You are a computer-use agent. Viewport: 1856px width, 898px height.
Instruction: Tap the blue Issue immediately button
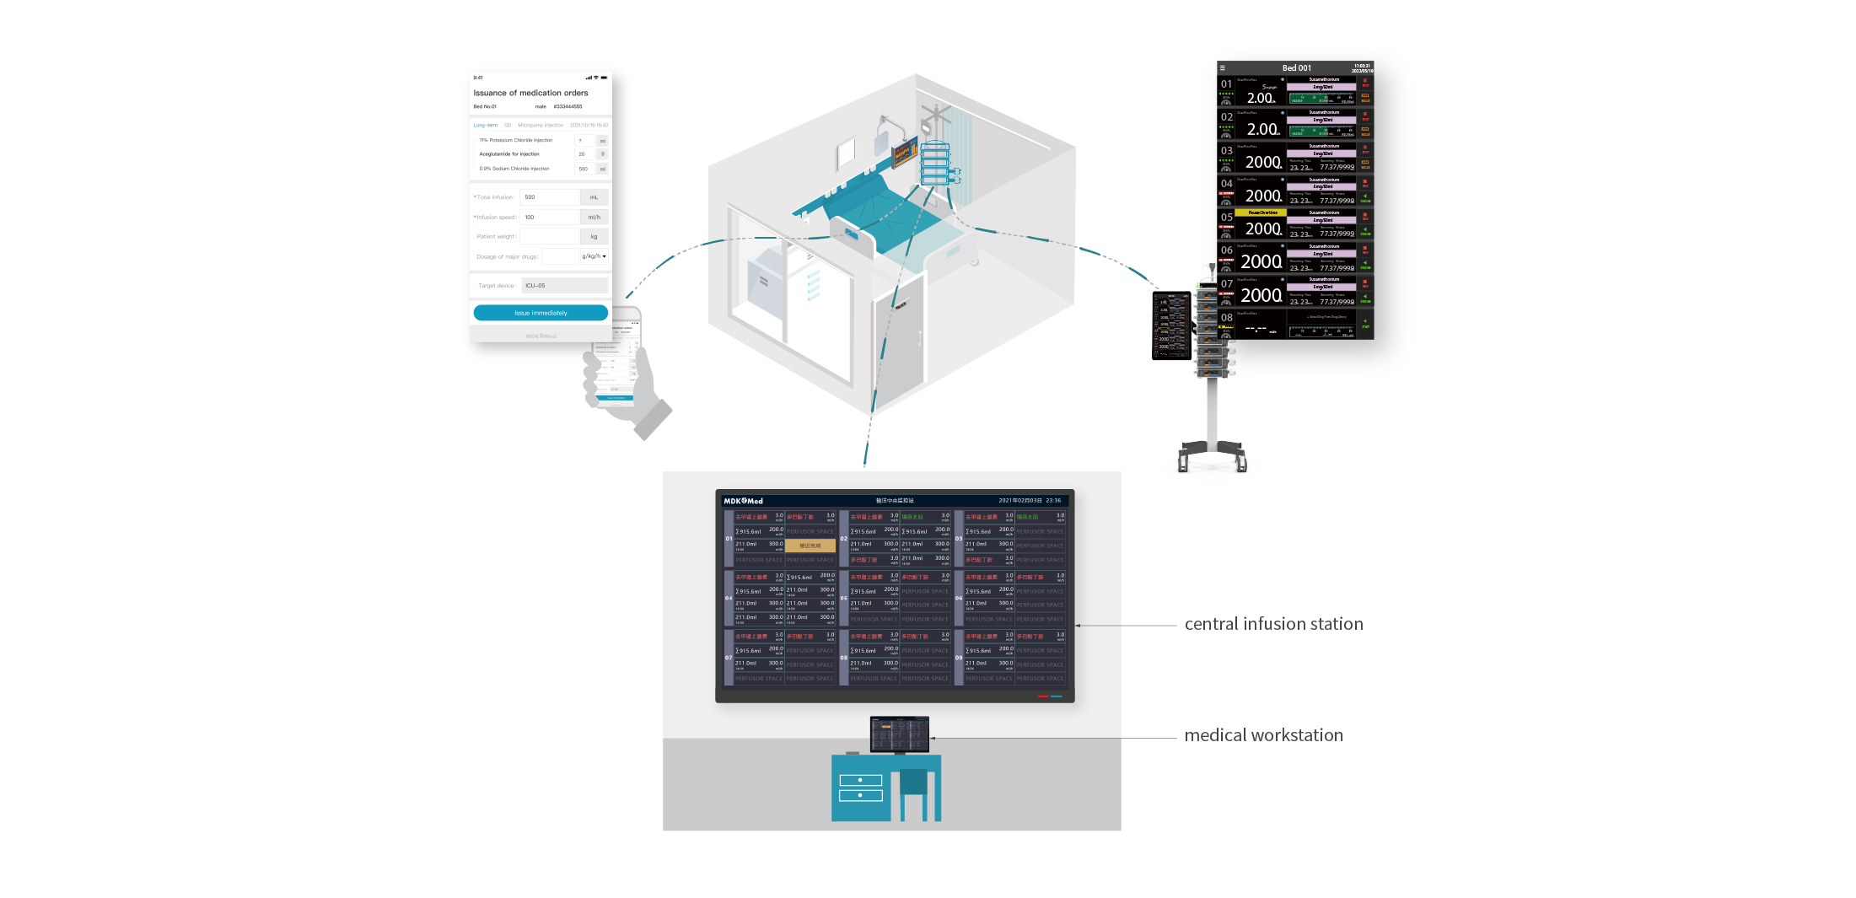541,313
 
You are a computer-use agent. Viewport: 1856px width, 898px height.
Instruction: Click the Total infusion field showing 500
549,197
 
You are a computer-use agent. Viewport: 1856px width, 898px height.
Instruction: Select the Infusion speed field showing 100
549,218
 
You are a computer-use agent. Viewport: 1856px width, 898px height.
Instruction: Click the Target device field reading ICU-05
564,286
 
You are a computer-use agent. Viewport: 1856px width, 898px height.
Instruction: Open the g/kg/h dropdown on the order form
594,256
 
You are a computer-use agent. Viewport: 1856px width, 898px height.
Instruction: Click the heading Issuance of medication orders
530,93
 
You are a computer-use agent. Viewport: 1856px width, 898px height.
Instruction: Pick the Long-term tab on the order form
485,125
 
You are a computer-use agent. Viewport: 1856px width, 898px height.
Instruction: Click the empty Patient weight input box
549,237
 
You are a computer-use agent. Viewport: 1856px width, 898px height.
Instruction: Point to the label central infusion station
1273,624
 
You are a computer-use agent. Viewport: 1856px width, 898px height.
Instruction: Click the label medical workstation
1263,735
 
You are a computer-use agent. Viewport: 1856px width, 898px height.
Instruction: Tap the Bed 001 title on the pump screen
1296,68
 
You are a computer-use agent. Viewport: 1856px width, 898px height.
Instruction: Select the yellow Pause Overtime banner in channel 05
1262,212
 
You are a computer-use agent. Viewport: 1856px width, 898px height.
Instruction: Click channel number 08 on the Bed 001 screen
1226,318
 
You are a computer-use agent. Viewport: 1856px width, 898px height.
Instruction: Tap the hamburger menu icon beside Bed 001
1222,68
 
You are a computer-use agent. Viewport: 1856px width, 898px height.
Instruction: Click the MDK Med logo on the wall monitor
743,501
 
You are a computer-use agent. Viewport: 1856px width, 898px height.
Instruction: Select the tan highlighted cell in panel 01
810,546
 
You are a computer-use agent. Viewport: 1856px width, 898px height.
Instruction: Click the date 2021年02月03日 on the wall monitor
1019,501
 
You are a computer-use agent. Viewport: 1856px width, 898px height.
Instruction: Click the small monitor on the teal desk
899,734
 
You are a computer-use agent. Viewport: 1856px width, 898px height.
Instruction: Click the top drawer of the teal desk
860,780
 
